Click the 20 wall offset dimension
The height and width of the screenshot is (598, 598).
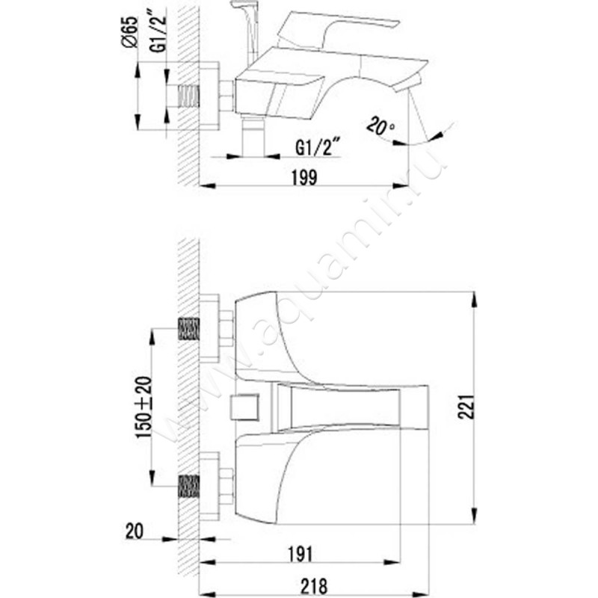tap(135, 531)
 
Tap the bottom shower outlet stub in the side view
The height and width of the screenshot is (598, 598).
tap(254, 138)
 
